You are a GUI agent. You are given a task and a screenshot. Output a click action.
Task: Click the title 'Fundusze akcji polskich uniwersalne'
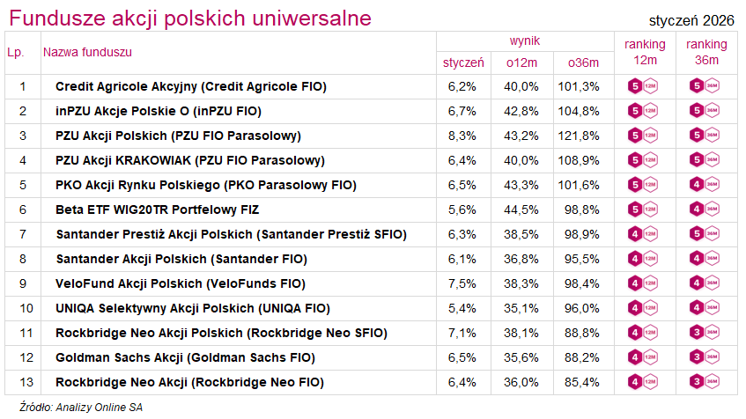tap(188, 18)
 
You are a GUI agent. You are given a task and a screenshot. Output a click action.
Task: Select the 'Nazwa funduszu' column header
tap(87, 52)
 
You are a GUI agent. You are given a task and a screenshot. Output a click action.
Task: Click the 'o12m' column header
tap(521, 62)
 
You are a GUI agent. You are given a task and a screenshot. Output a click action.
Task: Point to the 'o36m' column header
tap(583, 62)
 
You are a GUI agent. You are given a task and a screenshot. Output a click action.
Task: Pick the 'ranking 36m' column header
tap(706, 52)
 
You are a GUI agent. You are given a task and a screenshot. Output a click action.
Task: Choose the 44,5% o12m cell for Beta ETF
tap(521, 209)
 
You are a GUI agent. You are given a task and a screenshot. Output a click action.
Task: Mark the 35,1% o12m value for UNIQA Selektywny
tap(521, 308)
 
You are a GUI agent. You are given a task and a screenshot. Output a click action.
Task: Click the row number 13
tap(23, 382)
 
